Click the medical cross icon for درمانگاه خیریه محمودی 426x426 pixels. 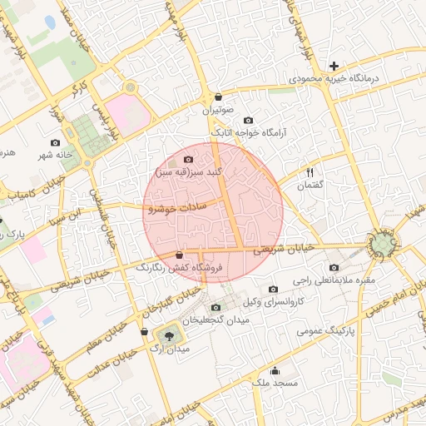tap(334, 65)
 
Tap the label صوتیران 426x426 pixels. tap(218, 110)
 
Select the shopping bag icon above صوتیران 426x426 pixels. tap(218, 97)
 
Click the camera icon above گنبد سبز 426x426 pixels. tap(188, 159)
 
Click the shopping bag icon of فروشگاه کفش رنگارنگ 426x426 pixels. tap(179, 255)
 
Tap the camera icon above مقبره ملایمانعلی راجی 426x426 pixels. tap(334, 268)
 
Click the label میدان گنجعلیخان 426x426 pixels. tap(216, 320)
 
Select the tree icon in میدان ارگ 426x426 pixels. tap(171, 335)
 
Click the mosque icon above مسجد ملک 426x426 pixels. tap(275, 371)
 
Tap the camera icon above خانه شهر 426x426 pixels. tap(56, 142)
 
